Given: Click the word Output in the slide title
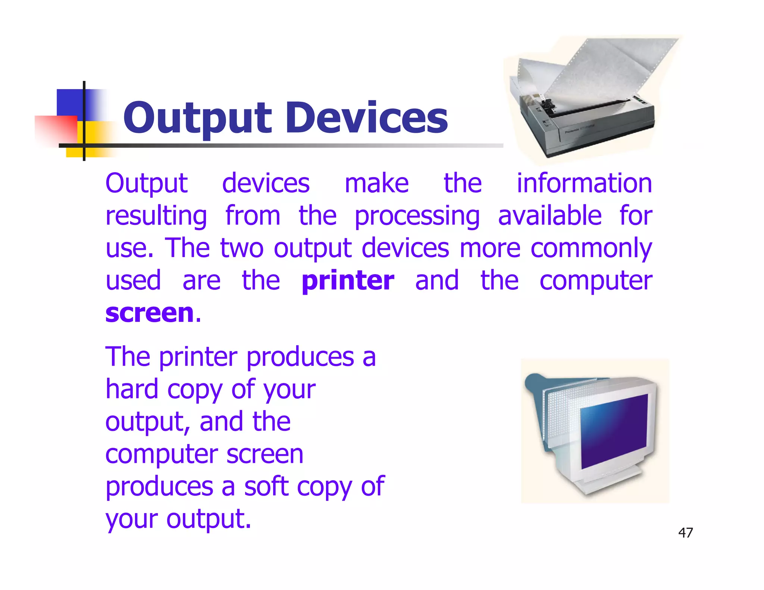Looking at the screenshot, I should (198, 119).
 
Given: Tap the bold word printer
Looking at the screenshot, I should (348, 280).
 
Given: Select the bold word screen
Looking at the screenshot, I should (150, 313).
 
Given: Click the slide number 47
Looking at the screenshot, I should (685, 533).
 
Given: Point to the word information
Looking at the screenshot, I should (584, 183).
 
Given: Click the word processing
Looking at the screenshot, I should (417, 216).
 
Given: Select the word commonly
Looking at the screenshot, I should (591, 249).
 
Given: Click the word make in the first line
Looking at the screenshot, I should (376, 183).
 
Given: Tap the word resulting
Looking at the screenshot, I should (156, 216).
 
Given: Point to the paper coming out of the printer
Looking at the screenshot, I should (612, 71).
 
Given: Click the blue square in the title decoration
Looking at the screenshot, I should (71, 103).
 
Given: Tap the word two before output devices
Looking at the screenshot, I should (242, 248).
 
